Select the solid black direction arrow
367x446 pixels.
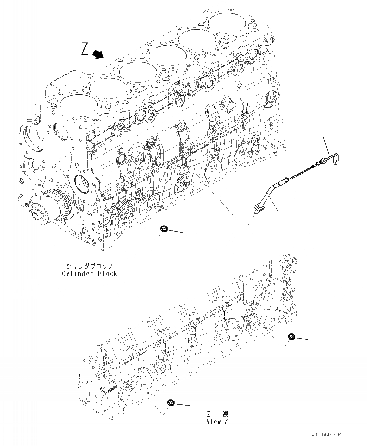98,55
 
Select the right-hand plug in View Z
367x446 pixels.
291,336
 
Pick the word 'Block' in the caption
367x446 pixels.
108,274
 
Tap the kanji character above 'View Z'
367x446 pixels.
225,413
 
